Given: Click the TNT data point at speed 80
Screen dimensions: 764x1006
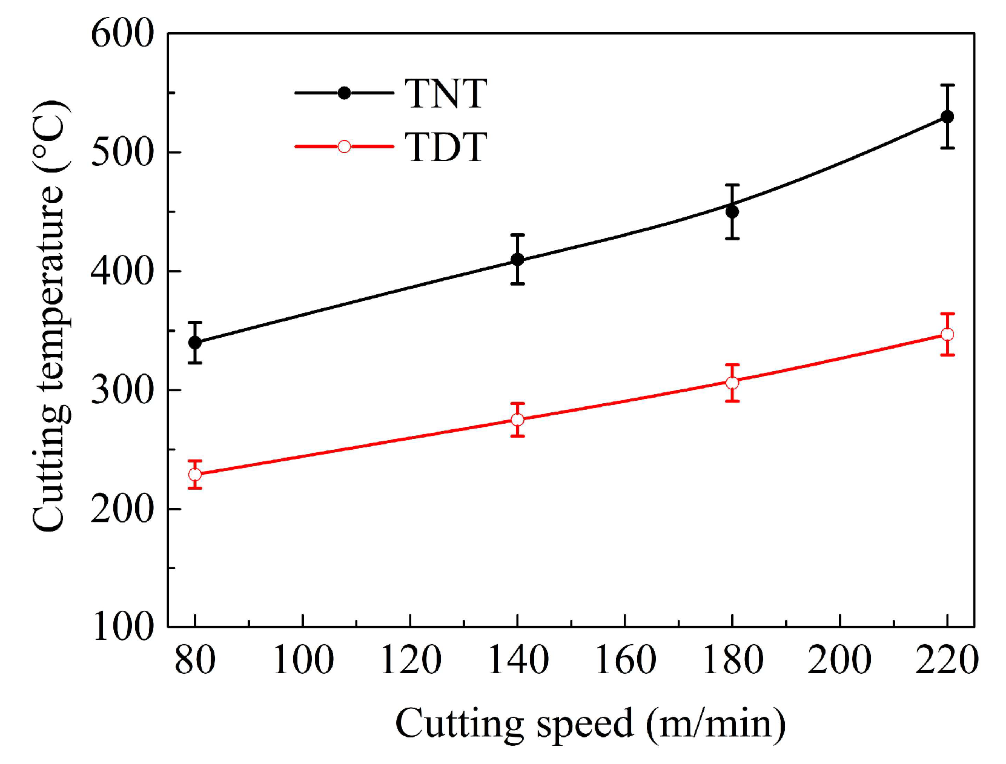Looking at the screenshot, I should pos(195,343).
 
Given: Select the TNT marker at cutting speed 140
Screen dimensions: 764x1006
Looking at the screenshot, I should pos(517,260).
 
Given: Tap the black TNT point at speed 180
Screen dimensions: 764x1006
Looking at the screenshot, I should pos(732,211).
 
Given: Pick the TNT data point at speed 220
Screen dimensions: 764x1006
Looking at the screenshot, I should pos(947,117).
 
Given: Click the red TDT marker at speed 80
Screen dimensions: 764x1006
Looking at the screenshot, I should pos(195,475).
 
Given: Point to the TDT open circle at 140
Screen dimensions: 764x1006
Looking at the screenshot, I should pos(517,420).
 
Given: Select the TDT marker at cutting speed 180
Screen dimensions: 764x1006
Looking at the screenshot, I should pos(732,383).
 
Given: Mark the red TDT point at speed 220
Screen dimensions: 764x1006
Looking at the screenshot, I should pos(947,334).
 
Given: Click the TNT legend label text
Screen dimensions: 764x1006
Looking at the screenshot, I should pos(446,94).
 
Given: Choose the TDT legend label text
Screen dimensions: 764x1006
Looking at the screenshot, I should pos(446,147).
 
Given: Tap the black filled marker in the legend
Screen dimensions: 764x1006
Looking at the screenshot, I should pos(344,93).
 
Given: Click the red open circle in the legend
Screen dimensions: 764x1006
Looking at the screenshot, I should pos(344,147).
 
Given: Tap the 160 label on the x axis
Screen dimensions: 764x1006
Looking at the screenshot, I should pos(625,660).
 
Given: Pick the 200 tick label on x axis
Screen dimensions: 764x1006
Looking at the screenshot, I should pos(839,660).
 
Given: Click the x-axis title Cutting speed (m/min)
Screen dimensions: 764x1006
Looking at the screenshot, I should pos(590,723).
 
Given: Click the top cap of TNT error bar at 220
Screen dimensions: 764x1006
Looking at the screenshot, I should pos(947,85).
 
